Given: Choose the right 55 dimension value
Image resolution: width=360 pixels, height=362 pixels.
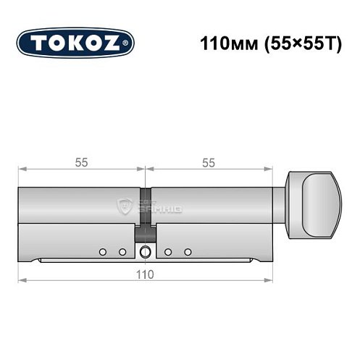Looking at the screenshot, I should click(208, 164).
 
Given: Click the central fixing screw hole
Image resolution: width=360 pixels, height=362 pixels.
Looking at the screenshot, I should click(147, 252).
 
